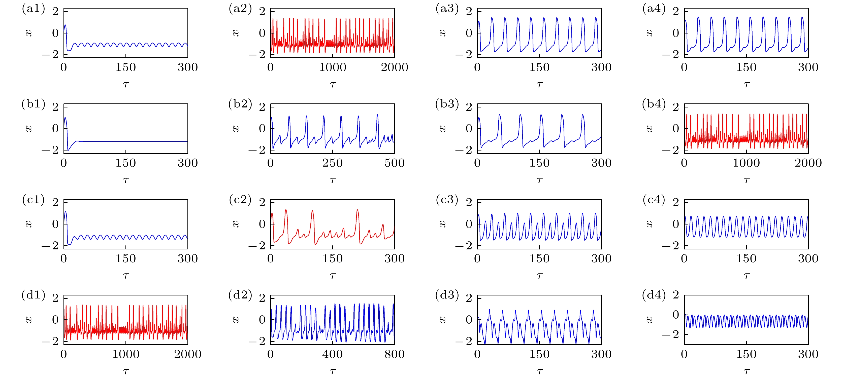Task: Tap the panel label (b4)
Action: [654, 104]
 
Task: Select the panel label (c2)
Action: [240, 200]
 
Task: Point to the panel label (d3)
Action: [447, 295]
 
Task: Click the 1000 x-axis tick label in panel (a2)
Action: [333, 67]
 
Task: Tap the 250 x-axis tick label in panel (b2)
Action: [333, 163]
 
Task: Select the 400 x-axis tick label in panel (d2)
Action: [333, 354]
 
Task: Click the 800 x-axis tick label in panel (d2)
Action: [394, 354]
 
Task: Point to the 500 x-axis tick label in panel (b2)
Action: [394, 163]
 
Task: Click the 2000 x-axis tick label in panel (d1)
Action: [187, 354]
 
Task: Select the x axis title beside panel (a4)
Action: [649, 33]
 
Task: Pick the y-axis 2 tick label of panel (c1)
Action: [55, 202]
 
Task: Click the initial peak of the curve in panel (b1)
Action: [65, 118]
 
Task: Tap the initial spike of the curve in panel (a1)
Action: [65, 25]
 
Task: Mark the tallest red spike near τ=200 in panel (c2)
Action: [357, 210]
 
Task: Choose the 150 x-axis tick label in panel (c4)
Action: [746, 259]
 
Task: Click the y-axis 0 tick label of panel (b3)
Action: [469, 128]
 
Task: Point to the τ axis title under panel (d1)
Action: [126, 371]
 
